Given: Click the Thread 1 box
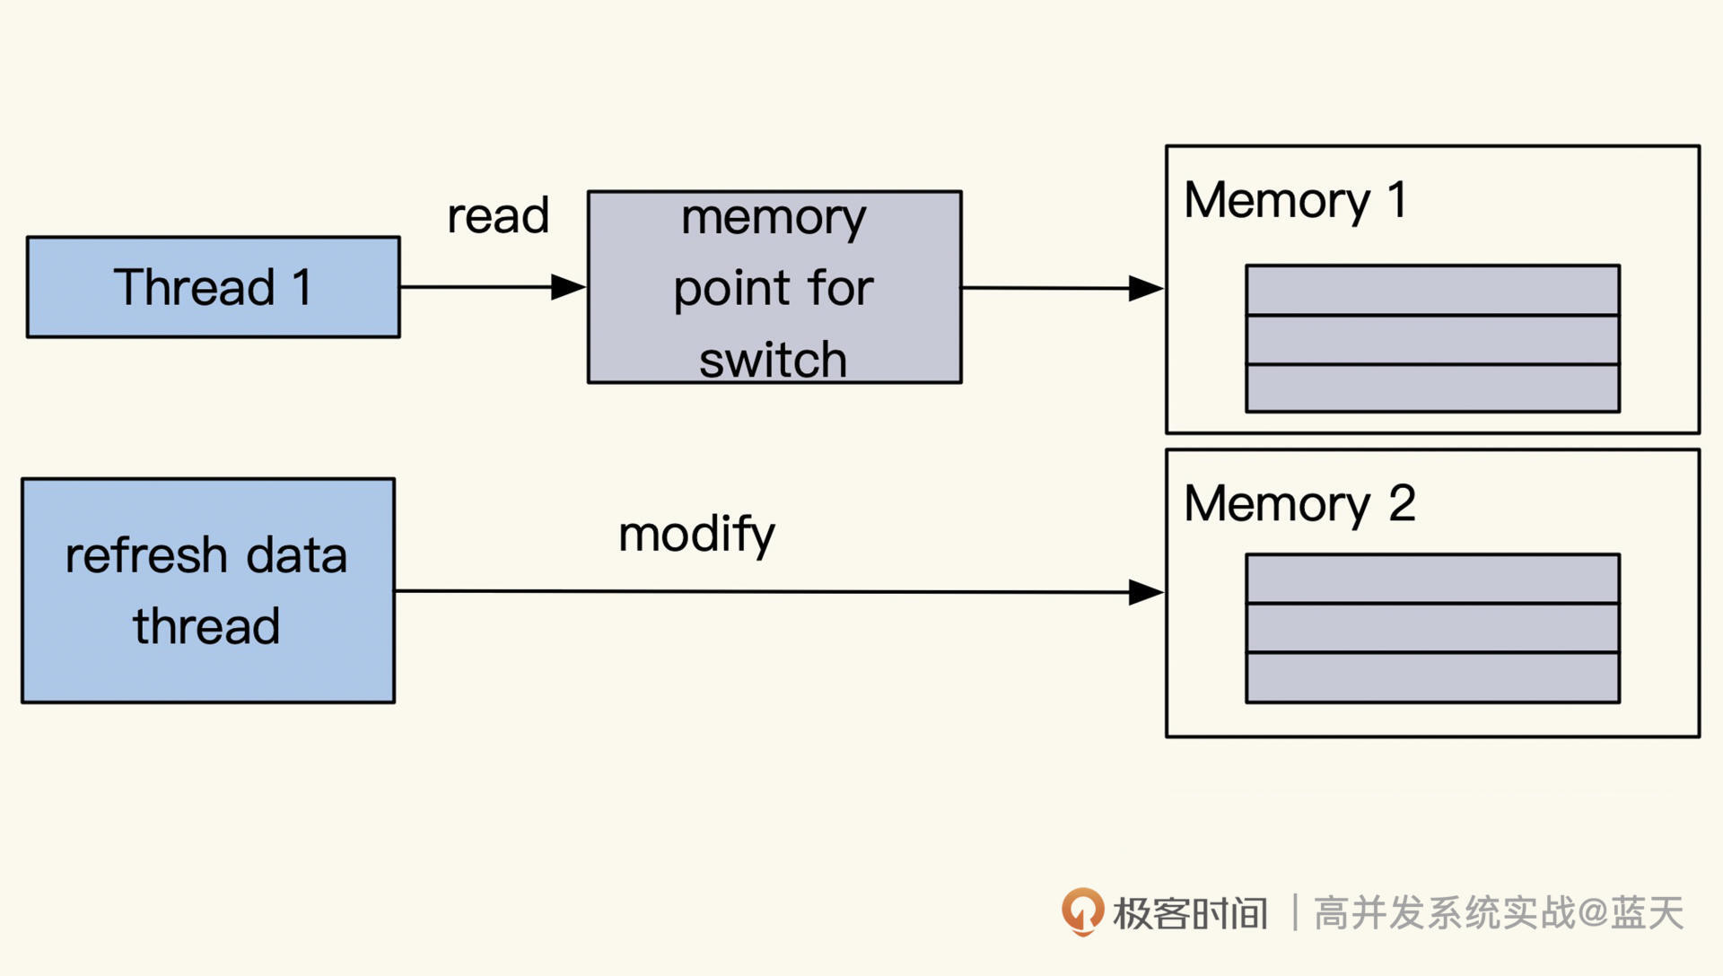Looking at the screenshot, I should [213, 287].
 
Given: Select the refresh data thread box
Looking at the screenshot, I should [207, 590].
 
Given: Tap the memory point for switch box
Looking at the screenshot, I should [774, 287].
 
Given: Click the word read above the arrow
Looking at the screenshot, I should [498, 216].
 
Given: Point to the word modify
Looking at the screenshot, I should [696, 535].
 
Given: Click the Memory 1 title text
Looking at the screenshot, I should [1294, 200].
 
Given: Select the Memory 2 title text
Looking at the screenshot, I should [1299, 503].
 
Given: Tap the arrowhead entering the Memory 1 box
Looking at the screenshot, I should [1146, 288].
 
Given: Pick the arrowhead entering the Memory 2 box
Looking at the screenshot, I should [1146, 592].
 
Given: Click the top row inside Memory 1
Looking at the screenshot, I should [1432, 290].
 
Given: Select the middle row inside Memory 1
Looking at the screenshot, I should [1432, 339].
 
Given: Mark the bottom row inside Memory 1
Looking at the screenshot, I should [1432, 388].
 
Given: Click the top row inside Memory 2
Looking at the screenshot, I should [1432, 579].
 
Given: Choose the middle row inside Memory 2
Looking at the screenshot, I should [1432, 628].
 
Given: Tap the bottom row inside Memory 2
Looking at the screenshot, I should [1432, 677].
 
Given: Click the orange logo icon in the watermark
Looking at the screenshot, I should [1082, 911].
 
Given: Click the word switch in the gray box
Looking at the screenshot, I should [773, 360].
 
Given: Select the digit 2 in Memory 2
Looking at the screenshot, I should [1402, 503].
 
